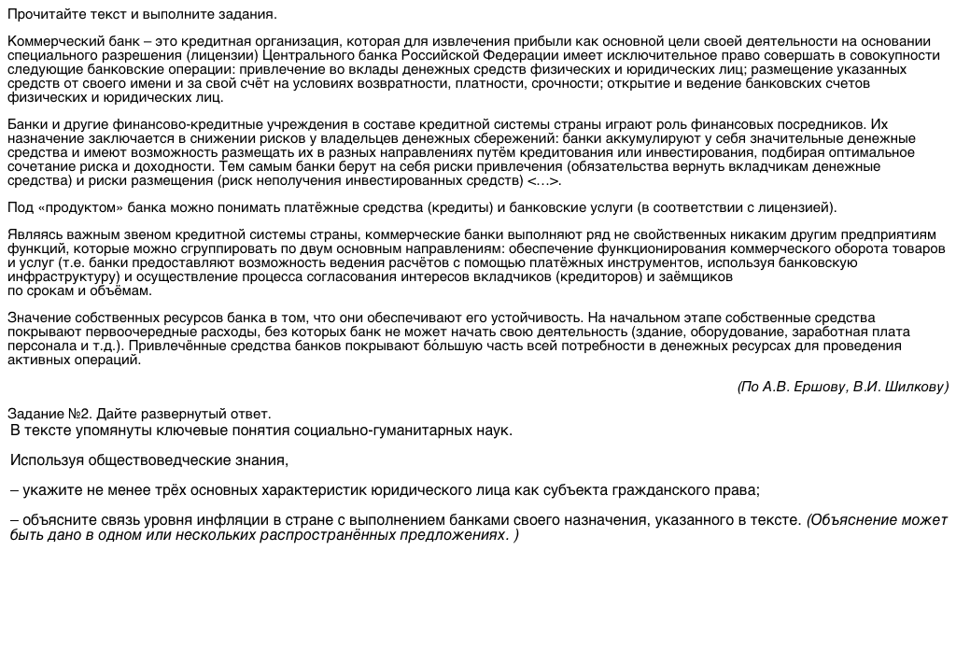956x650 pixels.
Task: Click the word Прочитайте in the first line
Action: (x=42, y=15)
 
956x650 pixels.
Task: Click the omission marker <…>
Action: (x=543, y=180)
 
